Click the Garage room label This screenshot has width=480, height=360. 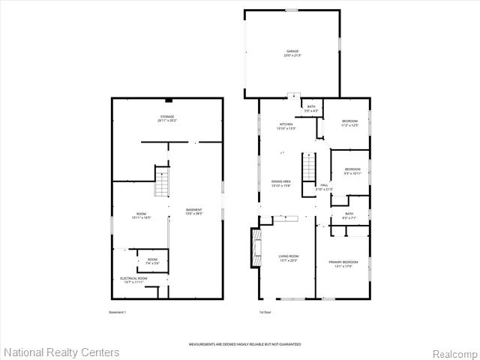tap(292, 53)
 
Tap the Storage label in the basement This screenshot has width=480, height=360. tap(166, 118)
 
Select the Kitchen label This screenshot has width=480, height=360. tap(286, 126)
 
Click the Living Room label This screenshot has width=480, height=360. tap(289, 259)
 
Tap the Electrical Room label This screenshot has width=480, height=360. tap(133, 280)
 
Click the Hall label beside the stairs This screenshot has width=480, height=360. tap(325, 187)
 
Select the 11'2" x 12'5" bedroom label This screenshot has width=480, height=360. tap(350, 123)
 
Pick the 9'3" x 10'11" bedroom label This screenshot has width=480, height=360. tap(352, 171)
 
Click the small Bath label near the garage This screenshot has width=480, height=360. tap(311, 109)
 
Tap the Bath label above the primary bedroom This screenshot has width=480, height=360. tap(349, 216)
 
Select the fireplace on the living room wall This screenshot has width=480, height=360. tap(255, 244)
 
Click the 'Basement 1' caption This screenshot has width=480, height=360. tap(117, 311)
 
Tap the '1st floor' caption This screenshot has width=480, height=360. tap(266, 311)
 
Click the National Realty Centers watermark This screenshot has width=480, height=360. tap(61, 352)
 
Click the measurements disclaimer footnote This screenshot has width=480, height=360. tap(244, 344)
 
